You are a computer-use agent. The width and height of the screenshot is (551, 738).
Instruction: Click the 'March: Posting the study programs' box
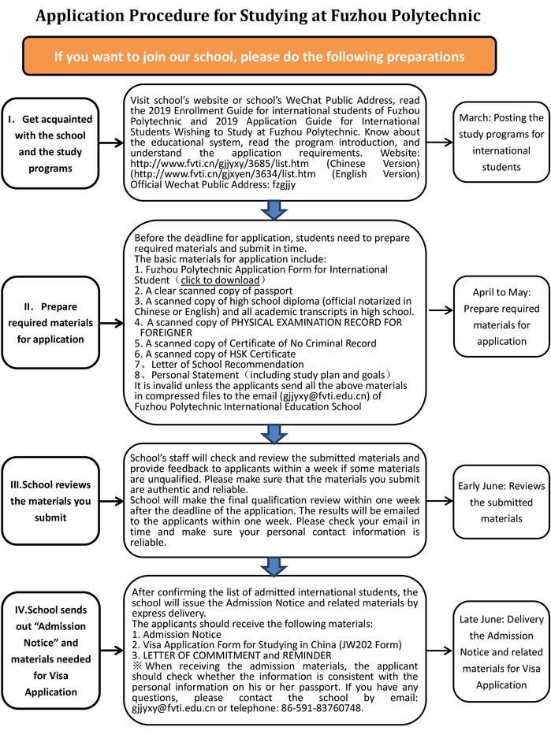tap(501, 142)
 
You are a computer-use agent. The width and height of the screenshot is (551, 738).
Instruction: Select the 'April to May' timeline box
tap(501, 316)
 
